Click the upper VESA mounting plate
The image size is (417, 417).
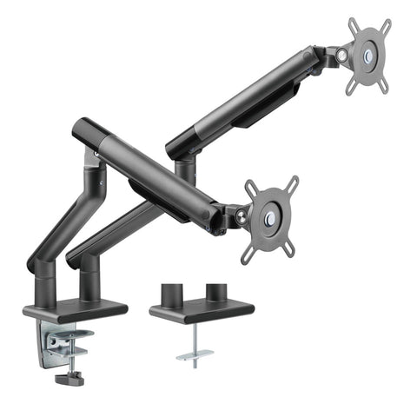[x=370, y=54]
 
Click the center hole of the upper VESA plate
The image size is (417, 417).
[x=371, y=54]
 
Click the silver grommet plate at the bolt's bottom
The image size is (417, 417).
[x=194, y=355]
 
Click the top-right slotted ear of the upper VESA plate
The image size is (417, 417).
[x=385, y=26]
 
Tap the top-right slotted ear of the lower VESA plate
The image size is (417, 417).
[x=293, y=183]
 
